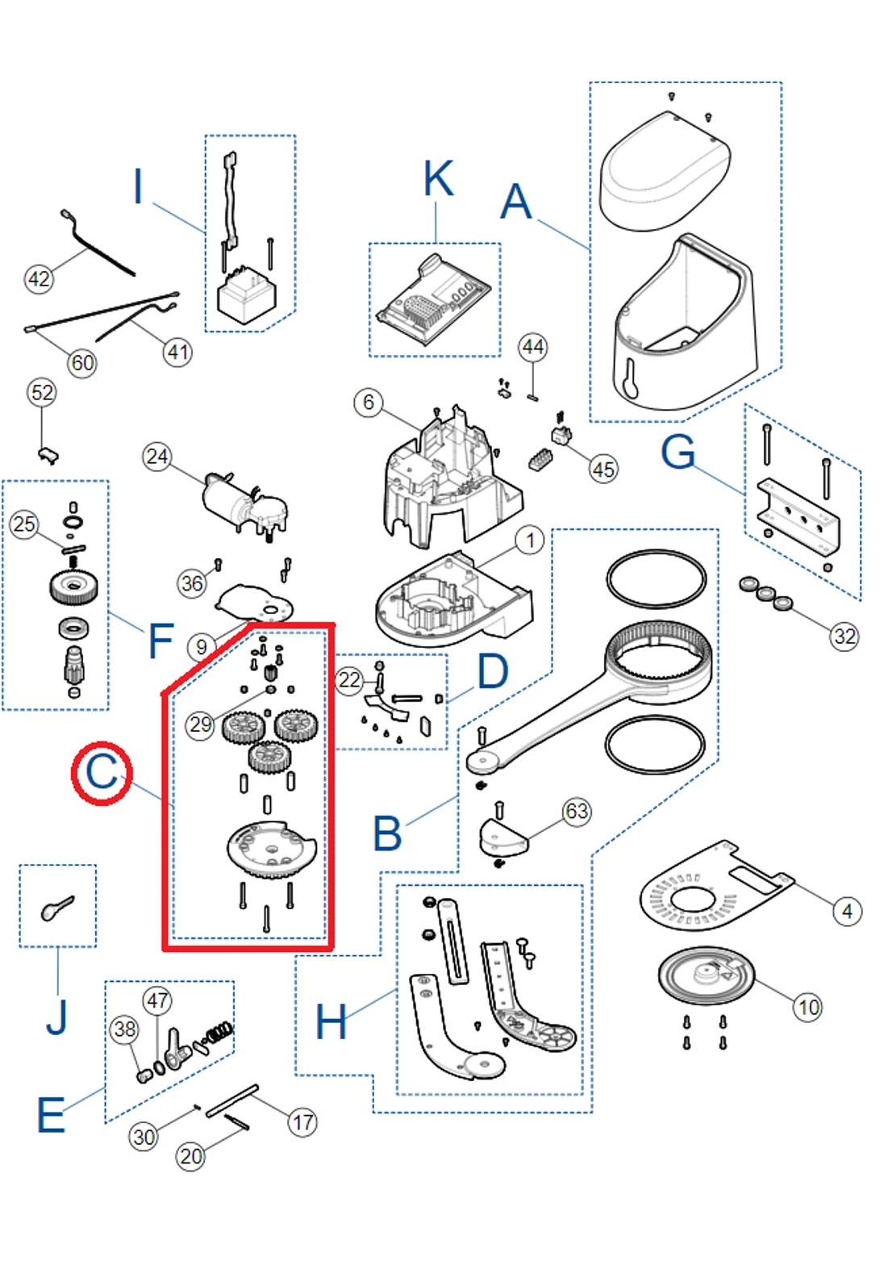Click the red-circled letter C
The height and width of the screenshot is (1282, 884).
[x=102, y=772]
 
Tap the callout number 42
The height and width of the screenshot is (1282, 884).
[x=39, y=279]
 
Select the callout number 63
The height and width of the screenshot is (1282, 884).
[x=577, y=811]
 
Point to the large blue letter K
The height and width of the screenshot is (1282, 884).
[x=439, y=178]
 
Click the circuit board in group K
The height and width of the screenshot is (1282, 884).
[x=433, y=301]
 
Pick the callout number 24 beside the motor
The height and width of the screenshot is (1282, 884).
[x=156, y=457]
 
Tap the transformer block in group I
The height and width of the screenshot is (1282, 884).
[x=246, y=296]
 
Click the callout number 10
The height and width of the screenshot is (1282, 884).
[x=808, y=1007]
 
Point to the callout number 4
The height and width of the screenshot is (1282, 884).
[x=847, y=911]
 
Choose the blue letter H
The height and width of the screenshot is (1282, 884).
[x=331, y=1022]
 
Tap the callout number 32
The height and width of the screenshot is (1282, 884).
[x=844, y=637]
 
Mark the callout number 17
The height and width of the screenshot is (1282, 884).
[x=302, y=1122]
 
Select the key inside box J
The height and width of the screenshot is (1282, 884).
[x=57, y=908]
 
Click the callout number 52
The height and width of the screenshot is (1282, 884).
[x=42, y=393]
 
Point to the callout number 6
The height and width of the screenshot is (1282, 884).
[x=369, y=402]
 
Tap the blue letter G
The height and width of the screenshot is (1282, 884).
[x=678, y=452]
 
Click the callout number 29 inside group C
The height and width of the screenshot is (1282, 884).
[x=200, y=725]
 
